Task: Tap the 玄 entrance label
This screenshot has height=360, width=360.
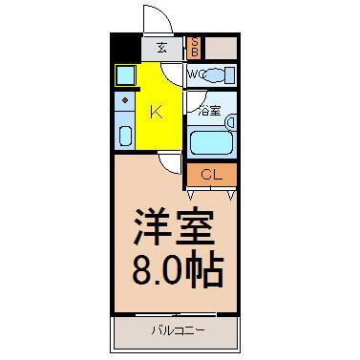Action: point(161,47)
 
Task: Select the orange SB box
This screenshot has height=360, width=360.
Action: point(194,47)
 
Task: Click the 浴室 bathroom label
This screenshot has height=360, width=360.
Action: point(209,110)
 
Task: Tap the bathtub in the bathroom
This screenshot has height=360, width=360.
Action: point(211,142)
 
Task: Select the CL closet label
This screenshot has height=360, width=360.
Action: point(212,174)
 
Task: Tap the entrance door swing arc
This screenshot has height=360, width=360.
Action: point(155,17)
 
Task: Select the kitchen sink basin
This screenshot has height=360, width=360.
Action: point(125,134)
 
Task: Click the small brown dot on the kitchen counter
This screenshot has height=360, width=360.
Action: point(125,99)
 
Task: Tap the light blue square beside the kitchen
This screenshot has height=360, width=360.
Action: point(125,74)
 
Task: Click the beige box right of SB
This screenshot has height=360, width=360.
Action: point(221,47)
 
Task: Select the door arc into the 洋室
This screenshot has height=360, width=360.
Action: point(169,163)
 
